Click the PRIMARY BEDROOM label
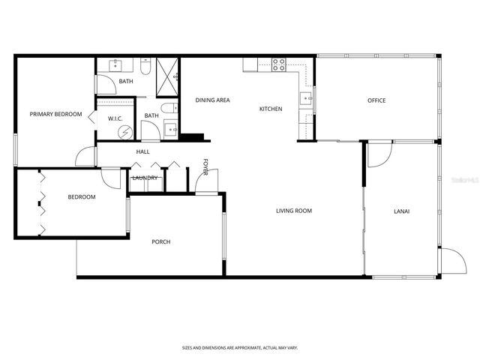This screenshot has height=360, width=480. (x=55, y=114)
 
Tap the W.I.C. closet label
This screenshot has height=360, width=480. (x=115, y=118)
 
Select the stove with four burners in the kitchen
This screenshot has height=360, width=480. (x=278, y=64)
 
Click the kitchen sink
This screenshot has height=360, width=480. (x=307, y=97)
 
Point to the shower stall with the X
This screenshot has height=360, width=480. (x=168, y=76)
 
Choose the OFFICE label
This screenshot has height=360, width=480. (x=376, y=100)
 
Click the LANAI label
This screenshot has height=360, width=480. (x=401, y=211)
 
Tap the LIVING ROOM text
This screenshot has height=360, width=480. (x=293, y=211)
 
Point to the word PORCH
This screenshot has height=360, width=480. (x=160, y=241)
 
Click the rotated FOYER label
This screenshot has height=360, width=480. (x=205, y=165)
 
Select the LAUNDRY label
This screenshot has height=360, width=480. (x=145, y=178)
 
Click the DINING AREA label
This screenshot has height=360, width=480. (x=212, y=100)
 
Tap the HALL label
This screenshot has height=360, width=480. (x=142, y=151)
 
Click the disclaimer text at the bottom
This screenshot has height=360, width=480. (x=240, y=348)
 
